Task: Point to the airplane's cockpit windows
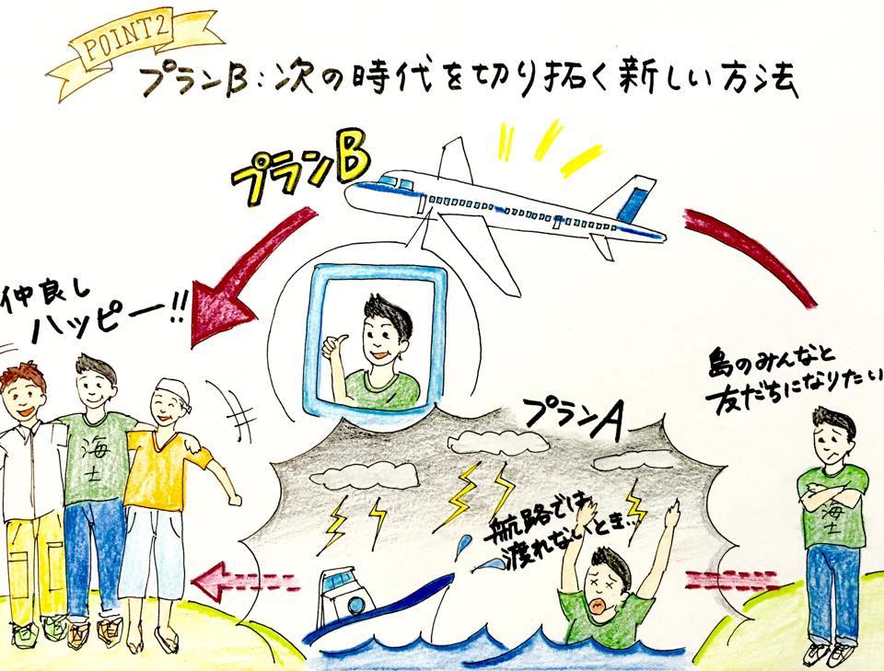396,182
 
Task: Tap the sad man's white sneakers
828,651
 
